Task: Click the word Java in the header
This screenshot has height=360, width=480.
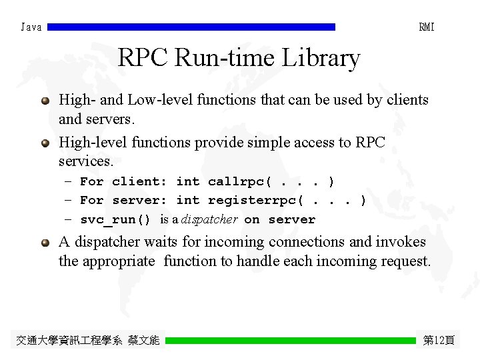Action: tap(31, 27)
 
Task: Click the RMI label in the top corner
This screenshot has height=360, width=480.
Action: tap(427, 27)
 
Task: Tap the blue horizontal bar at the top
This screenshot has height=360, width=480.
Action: tap(191, 27)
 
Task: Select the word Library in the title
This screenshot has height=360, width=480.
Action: tap(321, 59)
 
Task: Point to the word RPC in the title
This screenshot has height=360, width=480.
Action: tap(143, 59)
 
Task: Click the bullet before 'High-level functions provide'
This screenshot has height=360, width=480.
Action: tap(45, 143)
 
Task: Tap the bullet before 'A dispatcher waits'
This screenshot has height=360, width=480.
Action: tap(45, 243)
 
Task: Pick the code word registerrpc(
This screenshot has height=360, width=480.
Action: tap(256, 200)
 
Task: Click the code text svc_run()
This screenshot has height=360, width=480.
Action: tap(115, 219)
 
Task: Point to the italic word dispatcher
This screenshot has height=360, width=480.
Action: tap(209, 219)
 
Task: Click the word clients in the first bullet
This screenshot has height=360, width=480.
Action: tap(405, 100)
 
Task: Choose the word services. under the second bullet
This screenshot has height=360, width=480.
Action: tap(86, 161)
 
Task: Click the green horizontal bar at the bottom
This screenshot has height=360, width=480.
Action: tap(290, 340)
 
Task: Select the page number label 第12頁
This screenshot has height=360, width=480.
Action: tap(439, 340)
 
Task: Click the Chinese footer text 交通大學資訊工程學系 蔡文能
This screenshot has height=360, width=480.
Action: tap(87, 340)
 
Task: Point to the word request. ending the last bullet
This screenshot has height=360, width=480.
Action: tap(404, 261)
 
